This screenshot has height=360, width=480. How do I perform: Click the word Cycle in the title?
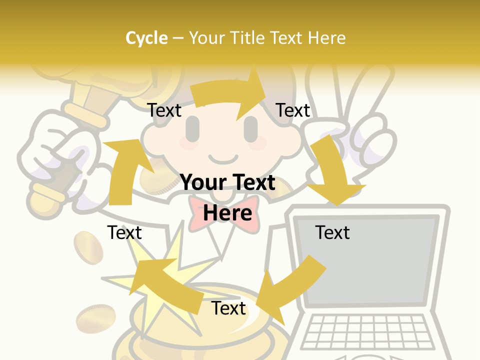click(146, 38)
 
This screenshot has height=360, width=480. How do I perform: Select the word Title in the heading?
click(247, 38)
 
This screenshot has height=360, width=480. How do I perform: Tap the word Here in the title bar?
click(326, 38)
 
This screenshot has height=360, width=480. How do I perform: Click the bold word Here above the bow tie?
click(227, 213)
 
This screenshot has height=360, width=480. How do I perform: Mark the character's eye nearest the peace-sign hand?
click(251, 129)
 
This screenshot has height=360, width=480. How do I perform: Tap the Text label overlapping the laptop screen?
click(332, 232)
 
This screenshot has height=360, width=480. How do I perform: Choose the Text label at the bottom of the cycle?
click(228, 308)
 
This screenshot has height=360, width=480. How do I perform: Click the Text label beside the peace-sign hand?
click(293, 110)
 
